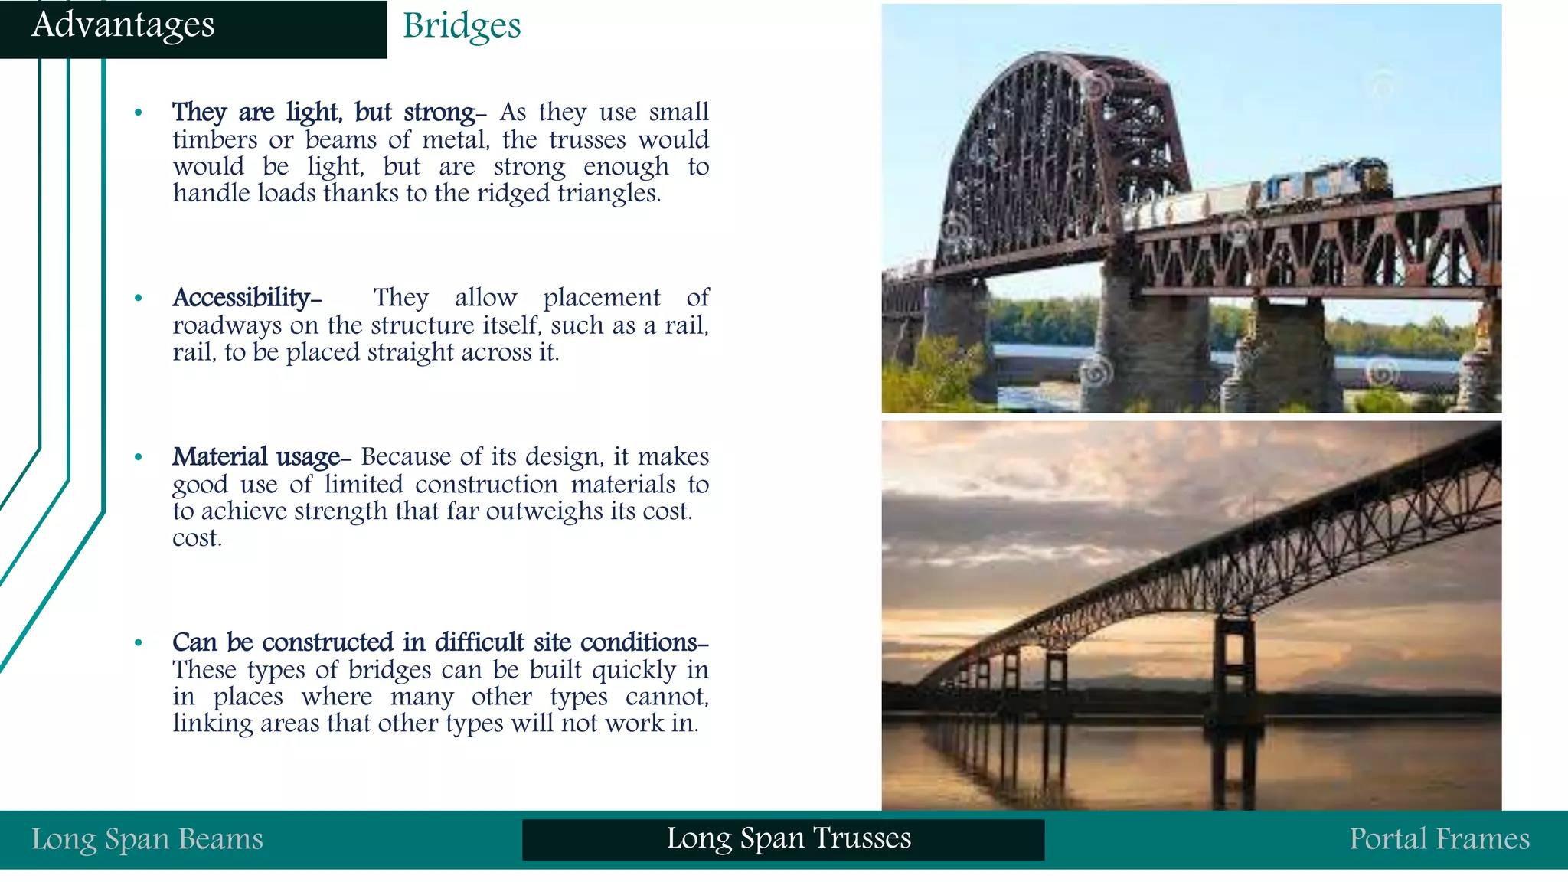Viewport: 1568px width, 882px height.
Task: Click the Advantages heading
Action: coord(122,24)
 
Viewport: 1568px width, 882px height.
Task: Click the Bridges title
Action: coord(462,26)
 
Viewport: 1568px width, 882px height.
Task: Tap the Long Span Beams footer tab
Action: coord(147,839)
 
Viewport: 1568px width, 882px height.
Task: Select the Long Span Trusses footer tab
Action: coord(788,838)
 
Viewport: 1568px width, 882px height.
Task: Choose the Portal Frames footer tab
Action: coord(1439,839)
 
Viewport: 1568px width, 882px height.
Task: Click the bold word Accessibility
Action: coord(241,297)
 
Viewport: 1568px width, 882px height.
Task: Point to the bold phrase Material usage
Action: coord(256,456)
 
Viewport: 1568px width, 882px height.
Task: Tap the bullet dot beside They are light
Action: coord(139,113)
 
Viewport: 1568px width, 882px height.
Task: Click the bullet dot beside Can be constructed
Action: coord(139,643)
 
